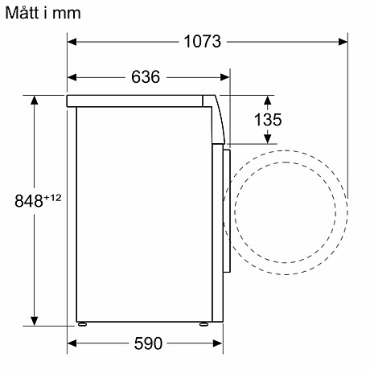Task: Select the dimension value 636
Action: coord(145,77)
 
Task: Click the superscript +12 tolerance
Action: coord(52,196)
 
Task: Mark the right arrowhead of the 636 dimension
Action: coord(225,77)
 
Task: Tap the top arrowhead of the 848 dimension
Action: coord(35,99)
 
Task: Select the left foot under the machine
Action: coord(81,326)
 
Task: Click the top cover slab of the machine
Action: coord(137,100)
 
